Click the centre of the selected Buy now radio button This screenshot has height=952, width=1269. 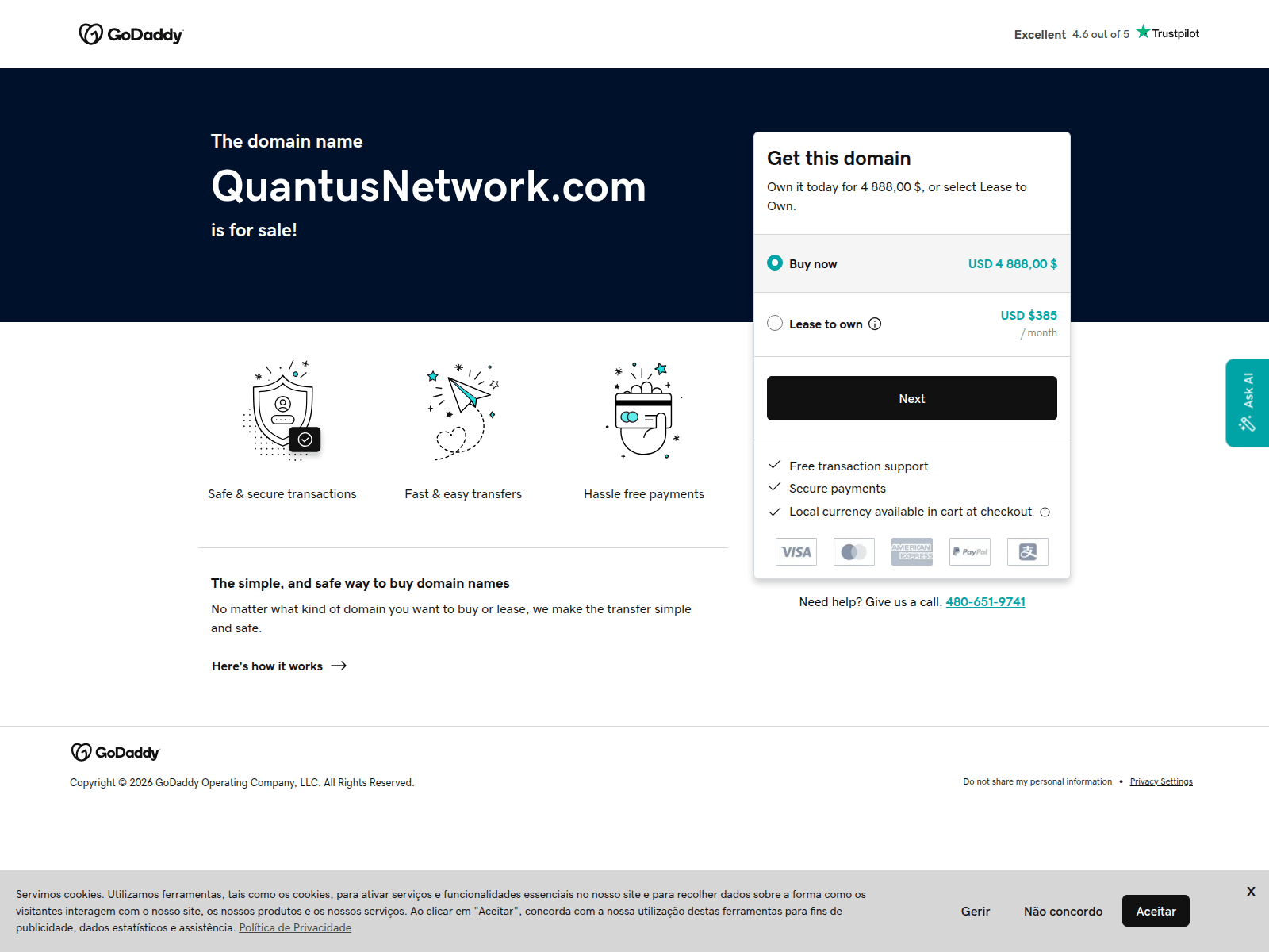[774, 263]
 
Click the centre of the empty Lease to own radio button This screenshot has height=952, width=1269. [775, 323]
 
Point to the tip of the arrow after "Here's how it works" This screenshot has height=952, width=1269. [347, 666]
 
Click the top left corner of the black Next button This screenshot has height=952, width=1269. [767, 376]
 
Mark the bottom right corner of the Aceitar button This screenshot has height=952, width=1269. [1189, 927]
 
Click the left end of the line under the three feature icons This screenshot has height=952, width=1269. [198, 547]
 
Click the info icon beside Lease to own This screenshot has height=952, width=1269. [875, 324]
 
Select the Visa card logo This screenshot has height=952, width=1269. [796, 551]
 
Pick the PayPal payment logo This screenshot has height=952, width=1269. [969, 551]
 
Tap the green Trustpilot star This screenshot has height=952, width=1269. [1142, 32]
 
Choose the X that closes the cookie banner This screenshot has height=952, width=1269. [1251, 891]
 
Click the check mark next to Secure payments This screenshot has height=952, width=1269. [775, 487]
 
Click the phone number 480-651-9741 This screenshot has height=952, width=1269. [985, 601]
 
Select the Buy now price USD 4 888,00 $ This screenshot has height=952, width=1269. [1012, 263]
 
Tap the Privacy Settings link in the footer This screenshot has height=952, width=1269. [1161, 781]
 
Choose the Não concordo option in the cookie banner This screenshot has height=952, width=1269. [1063, 911]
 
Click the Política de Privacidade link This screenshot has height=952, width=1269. [295, 927]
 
